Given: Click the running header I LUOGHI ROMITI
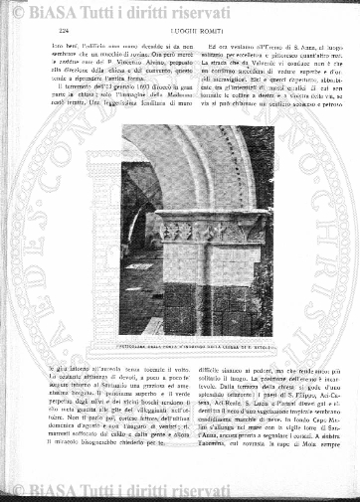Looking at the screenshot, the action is [x=181, y=34].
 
